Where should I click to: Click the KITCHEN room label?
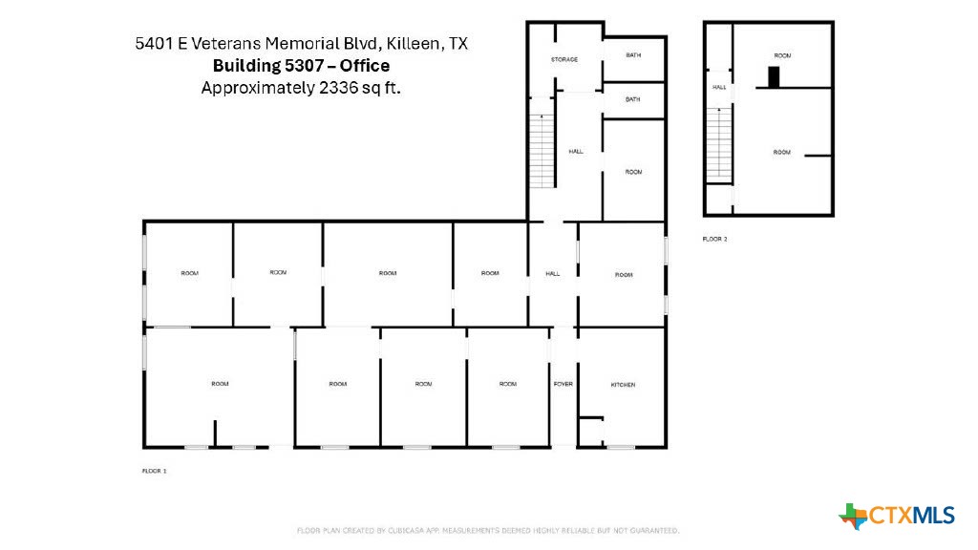click(623, 384)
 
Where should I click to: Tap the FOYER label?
click(563, 384)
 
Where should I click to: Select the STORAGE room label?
click(564, 60)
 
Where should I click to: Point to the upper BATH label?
click(633, 55)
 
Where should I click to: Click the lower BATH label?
click(633, 99)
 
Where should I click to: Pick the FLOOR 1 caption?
click(154, 471)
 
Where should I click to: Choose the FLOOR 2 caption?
click(714, 239)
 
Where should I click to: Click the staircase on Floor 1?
click(542, 151)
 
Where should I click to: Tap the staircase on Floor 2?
click(718, 142)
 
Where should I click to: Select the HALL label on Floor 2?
click(718, 87)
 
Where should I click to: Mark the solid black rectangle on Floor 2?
click(775, 76)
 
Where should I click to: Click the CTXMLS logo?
click(897, 516)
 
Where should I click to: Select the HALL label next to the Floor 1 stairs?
click(576, 151)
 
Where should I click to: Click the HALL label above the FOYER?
click(552, 274)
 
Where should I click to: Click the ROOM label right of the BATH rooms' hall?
click(633, 172)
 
